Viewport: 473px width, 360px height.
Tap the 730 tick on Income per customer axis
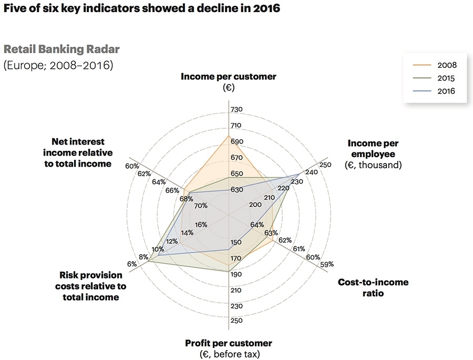coord(236,109)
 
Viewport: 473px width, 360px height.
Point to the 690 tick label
coord(236,142)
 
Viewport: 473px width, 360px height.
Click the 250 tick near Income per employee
coord(326,165)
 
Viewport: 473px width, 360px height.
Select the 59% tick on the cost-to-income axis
coord(327,264)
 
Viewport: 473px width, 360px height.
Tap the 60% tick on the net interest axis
coord(131,166)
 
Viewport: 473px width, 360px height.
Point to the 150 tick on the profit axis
coord(236,242)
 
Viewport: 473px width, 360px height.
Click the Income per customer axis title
coord(228,77)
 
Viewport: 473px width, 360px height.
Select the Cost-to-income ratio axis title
coord(373,287)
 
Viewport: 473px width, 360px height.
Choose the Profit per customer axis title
coord(228,343)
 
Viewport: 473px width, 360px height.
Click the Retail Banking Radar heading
coord(61,49)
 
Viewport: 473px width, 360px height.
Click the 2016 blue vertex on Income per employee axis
coord(300,173)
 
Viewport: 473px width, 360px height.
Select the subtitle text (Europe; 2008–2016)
coord(58,66)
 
